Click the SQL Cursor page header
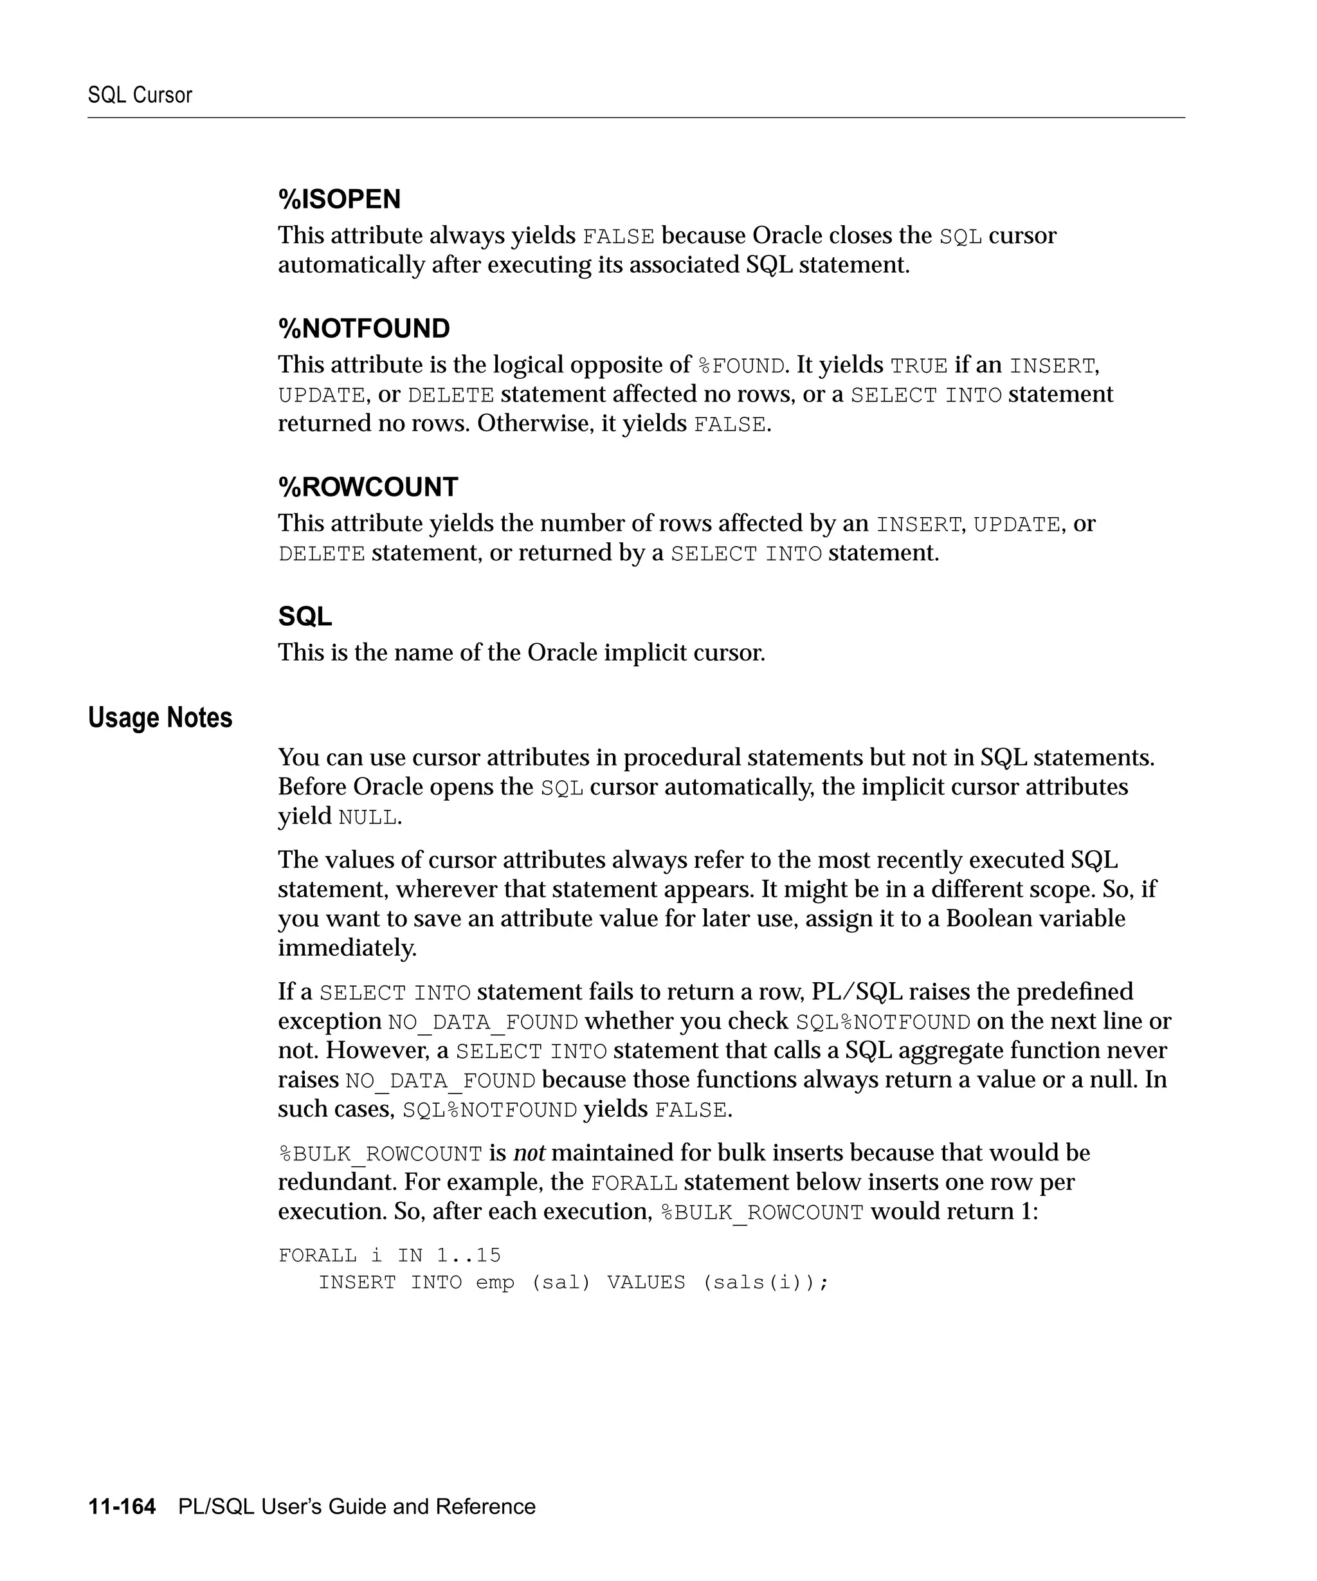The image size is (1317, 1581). point(140,95)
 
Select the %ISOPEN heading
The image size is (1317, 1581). point(339,199)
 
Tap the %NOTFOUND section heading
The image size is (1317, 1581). point(363,329)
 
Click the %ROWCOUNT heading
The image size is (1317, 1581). point(367,487)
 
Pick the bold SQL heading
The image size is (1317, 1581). point(305,617)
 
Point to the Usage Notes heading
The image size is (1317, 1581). point(159,717)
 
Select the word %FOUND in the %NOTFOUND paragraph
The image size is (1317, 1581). point(741,366)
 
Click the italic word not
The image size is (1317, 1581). point(529,1153)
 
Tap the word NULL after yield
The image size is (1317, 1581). point(367,818)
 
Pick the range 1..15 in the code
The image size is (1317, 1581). point(468,1255)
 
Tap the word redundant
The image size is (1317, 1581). point(337,1182)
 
